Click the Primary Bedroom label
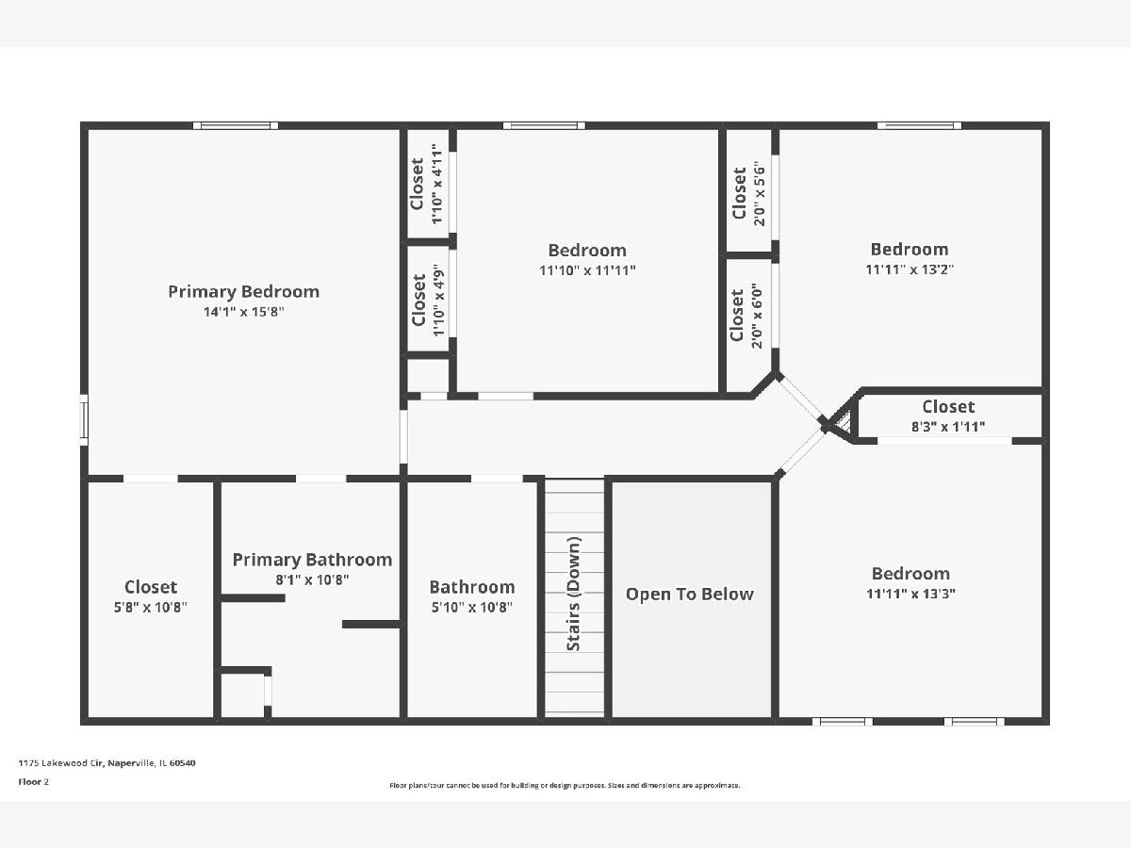[244, 292]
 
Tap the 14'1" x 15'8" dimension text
[244, 312]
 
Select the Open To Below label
[689, 595]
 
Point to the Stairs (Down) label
[573, 594]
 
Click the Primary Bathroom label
[312, 560]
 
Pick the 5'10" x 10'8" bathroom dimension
[472, 607]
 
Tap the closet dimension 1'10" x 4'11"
[437, 184]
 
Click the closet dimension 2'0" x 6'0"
[757, 316]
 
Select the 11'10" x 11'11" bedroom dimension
[587, 270]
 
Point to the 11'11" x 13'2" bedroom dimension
[910, 269]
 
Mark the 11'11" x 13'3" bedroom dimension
[911, 594]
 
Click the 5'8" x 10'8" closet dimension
[151, 607]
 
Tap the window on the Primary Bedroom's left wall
[84, 419]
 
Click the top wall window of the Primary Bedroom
[236, 125]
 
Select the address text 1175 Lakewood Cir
[61, 763]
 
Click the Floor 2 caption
[34, 782]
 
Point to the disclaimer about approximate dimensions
[565, 785]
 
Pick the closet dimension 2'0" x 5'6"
[760, 196]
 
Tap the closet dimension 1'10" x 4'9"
[438, 301]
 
